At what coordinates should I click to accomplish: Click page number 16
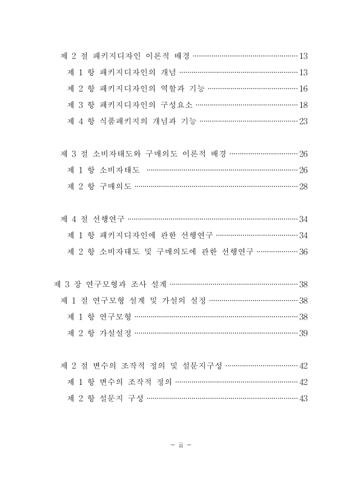tap(304, 89)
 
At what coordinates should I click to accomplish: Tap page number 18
tap(304, 105)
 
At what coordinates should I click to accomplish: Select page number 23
tap(304, 121)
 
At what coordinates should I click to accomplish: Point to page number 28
tap(304, 186)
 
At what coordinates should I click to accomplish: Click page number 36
tap(304, 251)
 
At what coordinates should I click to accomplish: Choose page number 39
tap(304, 333)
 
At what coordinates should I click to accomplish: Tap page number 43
tap(304, 398)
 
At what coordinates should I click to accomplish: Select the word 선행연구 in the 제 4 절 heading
tap(106, 218)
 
